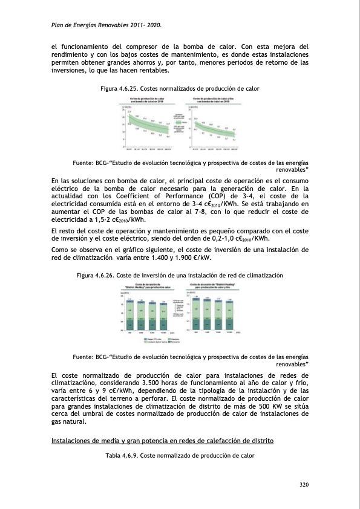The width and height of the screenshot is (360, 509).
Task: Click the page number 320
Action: tap(303, 485)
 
